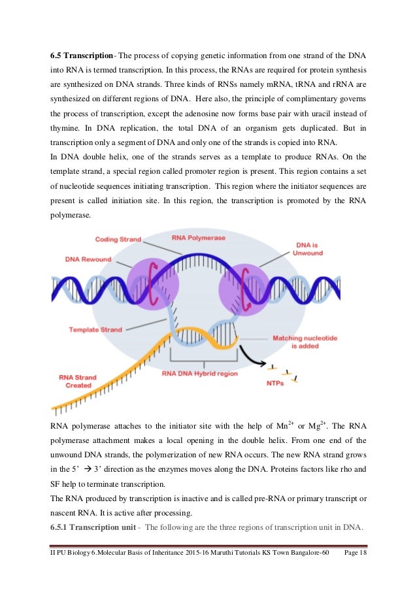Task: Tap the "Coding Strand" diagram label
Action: click(x=118, y=240)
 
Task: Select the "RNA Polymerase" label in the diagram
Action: click(x=199, y=238)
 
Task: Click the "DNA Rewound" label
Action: click(x=88, y=259)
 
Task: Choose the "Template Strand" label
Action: click(x=95, y=330)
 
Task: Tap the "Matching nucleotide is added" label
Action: click(x=305, y=342)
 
